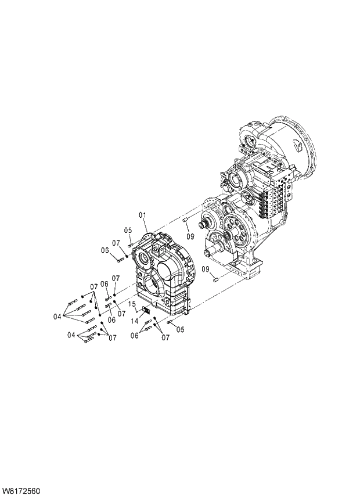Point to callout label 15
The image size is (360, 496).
click(132, 304)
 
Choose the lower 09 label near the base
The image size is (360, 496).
click(206, 269)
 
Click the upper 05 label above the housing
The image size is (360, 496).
click(128, 230)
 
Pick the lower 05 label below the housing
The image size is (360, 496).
click(180, 329)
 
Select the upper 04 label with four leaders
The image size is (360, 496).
click(57, 317)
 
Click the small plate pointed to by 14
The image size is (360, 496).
click(145, 312)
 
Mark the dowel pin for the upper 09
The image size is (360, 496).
click(185, 221)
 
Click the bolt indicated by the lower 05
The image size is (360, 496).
click(169, 322)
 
